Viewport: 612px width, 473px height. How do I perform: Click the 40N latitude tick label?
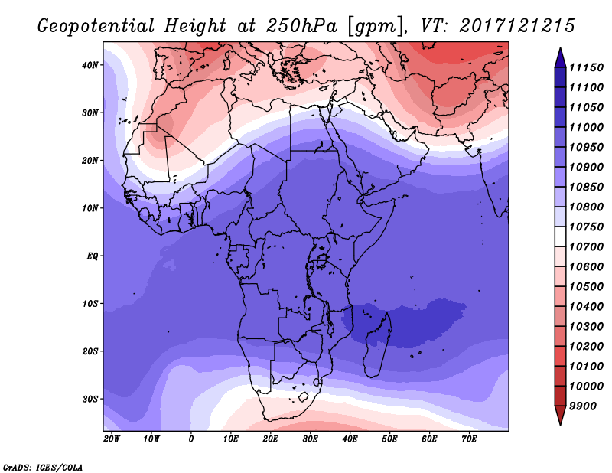pos(91,65)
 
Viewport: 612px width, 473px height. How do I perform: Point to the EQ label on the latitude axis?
pos(91,256)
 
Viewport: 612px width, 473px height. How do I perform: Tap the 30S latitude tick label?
pos(91,399)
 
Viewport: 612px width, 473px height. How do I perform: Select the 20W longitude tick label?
pos(111,439)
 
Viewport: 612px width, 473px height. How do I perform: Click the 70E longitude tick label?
pos(469,439)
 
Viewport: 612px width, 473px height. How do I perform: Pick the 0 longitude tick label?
pos(190,439)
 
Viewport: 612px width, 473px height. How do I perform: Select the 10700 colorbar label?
pos(587,246)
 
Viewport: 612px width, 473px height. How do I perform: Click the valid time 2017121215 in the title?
pos(517,27)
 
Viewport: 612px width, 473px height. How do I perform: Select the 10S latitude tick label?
pos(91,304)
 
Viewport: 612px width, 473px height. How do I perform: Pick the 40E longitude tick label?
pos(350,439)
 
